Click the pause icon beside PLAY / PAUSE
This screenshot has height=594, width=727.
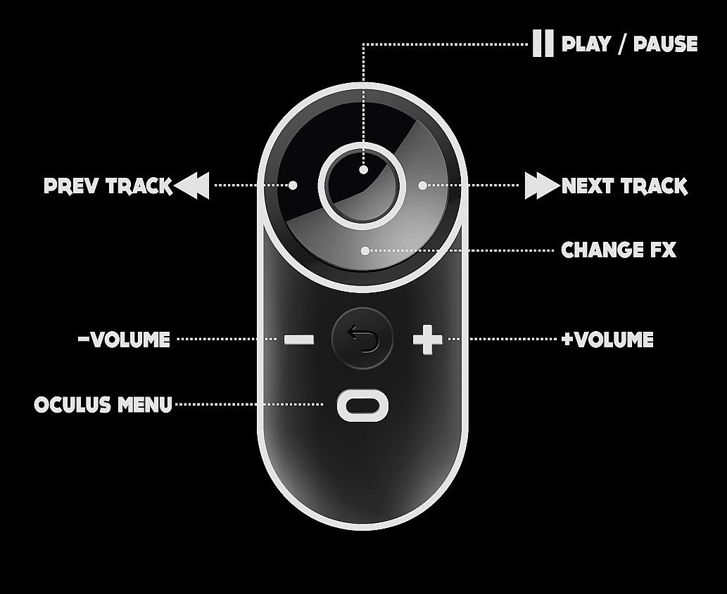click(x=543, y=43)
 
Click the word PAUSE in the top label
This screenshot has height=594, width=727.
click(x=665, y=44)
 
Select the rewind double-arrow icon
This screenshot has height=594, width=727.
click(x=191, y=185)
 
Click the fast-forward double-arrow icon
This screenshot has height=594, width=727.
click(x=542, y=185)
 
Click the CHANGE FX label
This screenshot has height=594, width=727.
click(x=619, y=250)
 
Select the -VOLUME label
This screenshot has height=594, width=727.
click(x=125, y=340)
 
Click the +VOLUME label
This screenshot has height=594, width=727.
click(x=607, y=340)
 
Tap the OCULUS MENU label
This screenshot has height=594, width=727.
click(x=103, y=405)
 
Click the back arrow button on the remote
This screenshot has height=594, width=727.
click(x=362, y=338)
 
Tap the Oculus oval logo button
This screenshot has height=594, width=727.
click(x=362, y=406)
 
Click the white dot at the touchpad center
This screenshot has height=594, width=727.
click(x=363, y=170)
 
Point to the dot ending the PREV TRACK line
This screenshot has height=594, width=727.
click(x=293, y=185)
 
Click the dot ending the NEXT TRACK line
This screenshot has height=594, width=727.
click(x=422, y=185)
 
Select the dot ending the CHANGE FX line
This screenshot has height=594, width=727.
click(x=365, y=251)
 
